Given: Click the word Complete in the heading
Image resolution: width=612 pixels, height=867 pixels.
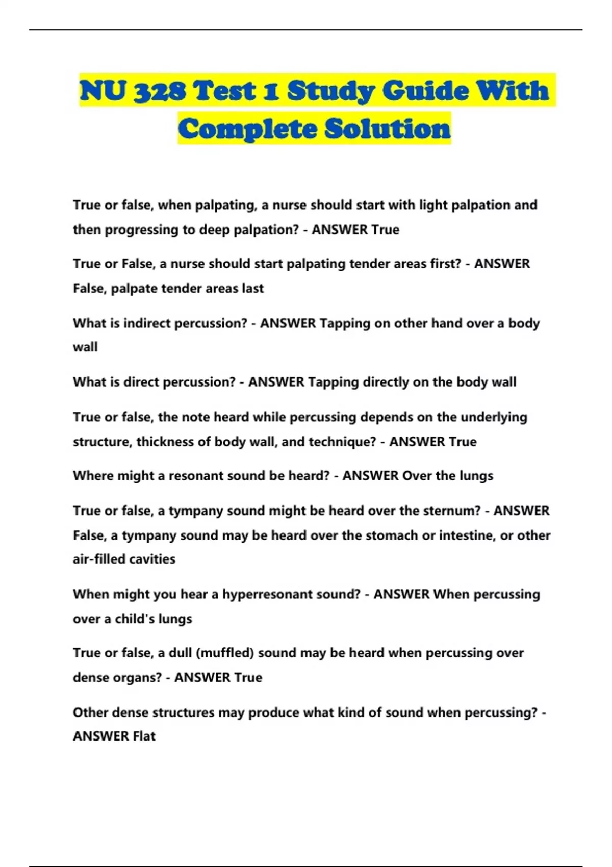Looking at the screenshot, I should point(247,129).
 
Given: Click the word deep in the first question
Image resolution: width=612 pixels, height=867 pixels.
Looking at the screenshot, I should point(214,229).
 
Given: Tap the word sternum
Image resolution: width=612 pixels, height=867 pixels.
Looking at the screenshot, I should point(454,511).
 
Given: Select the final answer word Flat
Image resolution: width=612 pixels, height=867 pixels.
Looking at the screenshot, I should point(144,736).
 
